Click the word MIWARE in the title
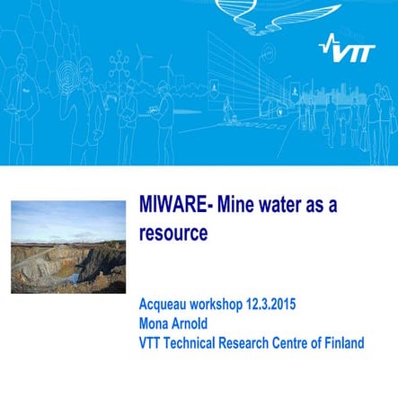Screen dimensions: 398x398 click(172, 204)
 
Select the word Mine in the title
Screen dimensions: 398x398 click(236, 204)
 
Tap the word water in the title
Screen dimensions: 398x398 click(283, 204)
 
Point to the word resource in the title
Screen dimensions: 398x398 click(173, 233)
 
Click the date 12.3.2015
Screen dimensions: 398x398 click(275, 305)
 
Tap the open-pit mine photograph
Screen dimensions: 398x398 click(67, 261)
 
